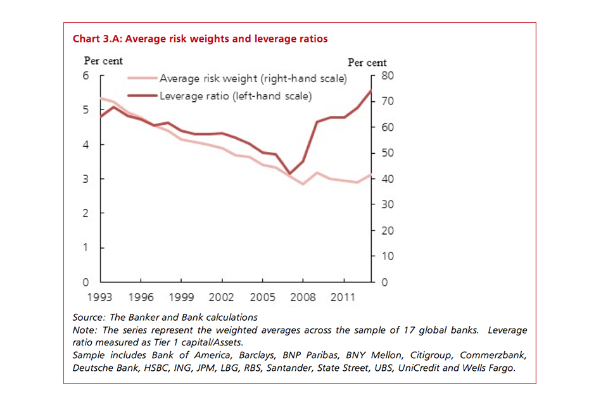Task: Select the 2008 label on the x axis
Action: (x=303, y=296)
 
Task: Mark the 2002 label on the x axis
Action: (x=222, y=296)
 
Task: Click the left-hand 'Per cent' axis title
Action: (x=103, y=61)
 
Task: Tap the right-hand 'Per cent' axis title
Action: (x=367, y=63)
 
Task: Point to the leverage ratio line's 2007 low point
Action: (x=289, y=173)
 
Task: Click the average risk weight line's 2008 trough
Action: (x=303, y=184)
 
